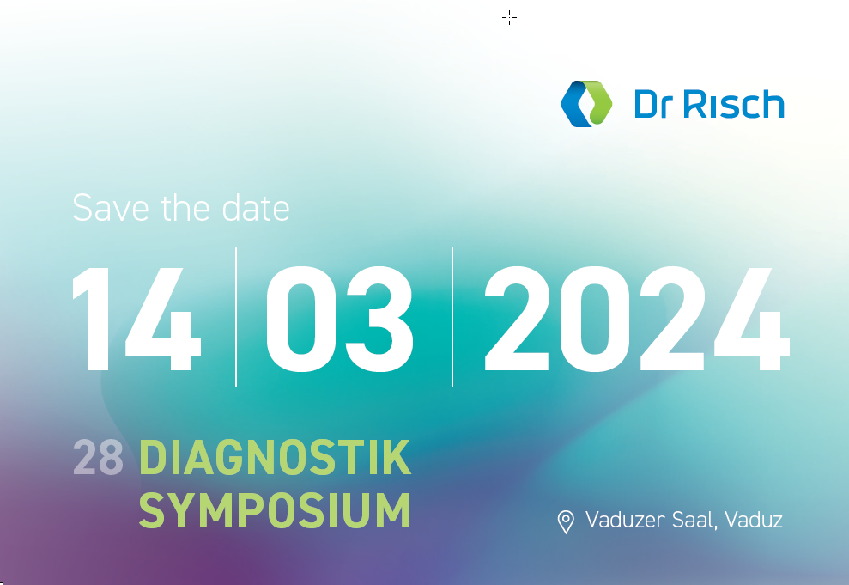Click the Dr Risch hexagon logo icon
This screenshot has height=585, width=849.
click(x=586, y=104)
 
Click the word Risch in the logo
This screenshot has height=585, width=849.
click(x=734, y=104)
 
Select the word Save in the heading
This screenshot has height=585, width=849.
click(x=111, y=208)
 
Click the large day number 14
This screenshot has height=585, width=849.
click(x=136, y=319)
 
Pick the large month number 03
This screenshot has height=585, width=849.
click(x=339, y=319)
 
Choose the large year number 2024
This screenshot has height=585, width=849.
click(x=637, y=319)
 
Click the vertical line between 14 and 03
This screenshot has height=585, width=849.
click(x=236, y=318)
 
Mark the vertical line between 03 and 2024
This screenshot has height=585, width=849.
click(x=452, y=318)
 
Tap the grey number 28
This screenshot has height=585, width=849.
click(x=98, y=458)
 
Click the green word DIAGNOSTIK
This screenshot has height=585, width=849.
click(x=275, y=458)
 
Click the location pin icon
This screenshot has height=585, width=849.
click(x=566, y=521)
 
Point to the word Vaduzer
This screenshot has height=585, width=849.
click(x=626, y=520)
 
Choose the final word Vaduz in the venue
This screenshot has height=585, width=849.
click(x=754, y=520)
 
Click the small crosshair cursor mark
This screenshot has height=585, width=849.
click(x=509, y=18)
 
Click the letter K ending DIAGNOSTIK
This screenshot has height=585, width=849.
click(x=397, y=458)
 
